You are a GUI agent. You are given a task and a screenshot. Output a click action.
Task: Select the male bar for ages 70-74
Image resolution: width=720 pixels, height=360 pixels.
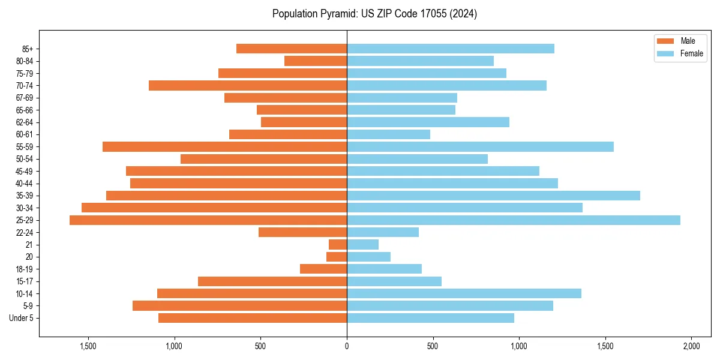pos(248,86)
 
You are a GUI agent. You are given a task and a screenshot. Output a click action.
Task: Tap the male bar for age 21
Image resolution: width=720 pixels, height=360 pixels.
pos(338,245)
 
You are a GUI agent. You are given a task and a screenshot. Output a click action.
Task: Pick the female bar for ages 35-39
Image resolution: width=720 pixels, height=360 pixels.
pos(493,196)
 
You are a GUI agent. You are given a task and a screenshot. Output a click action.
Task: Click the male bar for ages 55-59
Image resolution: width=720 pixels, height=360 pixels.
pos(224,147)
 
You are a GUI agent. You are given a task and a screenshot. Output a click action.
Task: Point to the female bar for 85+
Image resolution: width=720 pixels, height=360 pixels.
pos(450,49)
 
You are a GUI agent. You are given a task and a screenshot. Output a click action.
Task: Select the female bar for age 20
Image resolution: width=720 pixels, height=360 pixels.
pos(368,257)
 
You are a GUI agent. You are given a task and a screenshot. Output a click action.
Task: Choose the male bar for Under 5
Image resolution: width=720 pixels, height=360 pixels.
pos(253,318)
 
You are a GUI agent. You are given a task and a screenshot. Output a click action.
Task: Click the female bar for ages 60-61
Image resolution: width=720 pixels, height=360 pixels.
pos(388,134)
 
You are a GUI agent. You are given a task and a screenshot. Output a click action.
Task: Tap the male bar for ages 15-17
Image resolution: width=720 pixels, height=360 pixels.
pos(272,281)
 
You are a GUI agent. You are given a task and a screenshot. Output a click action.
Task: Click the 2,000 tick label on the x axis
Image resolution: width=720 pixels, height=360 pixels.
pos(691,346)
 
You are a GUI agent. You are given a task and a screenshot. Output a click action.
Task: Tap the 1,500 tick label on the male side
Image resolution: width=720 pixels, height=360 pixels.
pos(88,346)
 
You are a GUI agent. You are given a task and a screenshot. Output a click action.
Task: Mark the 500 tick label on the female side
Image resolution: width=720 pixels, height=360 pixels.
pos(433,346)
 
